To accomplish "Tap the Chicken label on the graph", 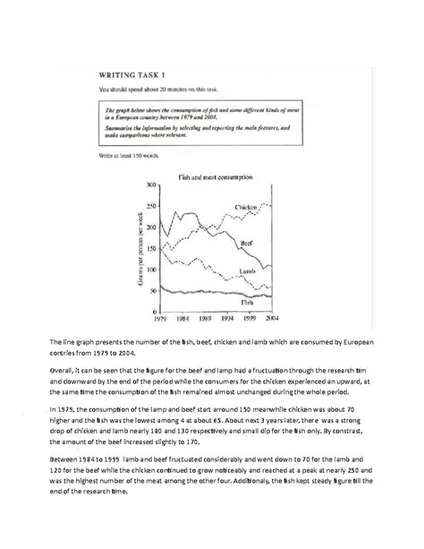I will click(x=250, y=207).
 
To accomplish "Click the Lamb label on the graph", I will click(x=249, y=270).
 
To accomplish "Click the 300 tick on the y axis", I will click(x=149, y=184).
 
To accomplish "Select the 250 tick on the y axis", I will click(x=149, y=206).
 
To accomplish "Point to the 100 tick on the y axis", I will click(x=149, y=270).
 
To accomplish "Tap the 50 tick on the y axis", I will click(x=151, y=291).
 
